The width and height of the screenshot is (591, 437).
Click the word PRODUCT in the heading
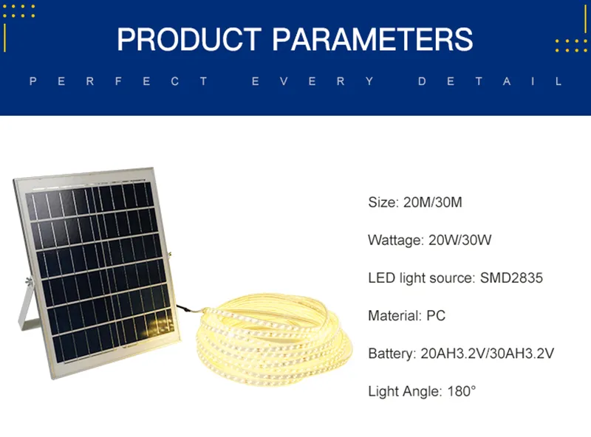(x=189, y=39)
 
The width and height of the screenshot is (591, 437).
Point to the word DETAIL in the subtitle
(x=490, y=81)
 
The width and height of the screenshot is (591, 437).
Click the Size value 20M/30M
(x=433, y=202)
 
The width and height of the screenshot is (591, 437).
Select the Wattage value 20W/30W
(x=462, y=240)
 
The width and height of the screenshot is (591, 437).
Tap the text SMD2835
(x=511, y=278)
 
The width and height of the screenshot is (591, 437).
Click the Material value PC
(x=436, y=316)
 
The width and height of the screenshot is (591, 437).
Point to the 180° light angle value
(x=461, y=391)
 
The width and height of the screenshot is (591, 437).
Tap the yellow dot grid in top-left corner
(x=18, y=10)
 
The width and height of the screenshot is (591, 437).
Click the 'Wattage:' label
(x=395, y=240)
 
